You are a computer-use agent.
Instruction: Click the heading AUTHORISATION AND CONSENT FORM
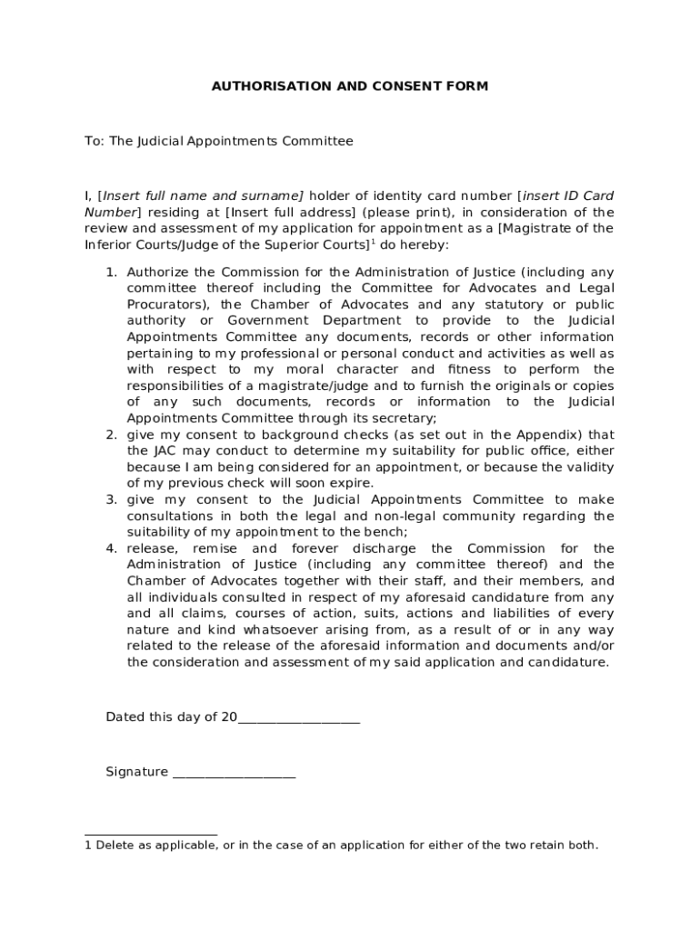tap(349, 86)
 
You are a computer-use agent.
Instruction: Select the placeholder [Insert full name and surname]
tap(201, 195)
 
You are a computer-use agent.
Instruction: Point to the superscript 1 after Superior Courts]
tap(373, 242)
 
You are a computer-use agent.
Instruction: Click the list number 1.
tap(111, 272)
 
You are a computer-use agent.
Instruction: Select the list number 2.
tap(111, 435)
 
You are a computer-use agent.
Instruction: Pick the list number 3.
tap(111, 500)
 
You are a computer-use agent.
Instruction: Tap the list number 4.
tap(111, 549)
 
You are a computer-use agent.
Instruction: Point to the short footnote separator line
tap(151, 834)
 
